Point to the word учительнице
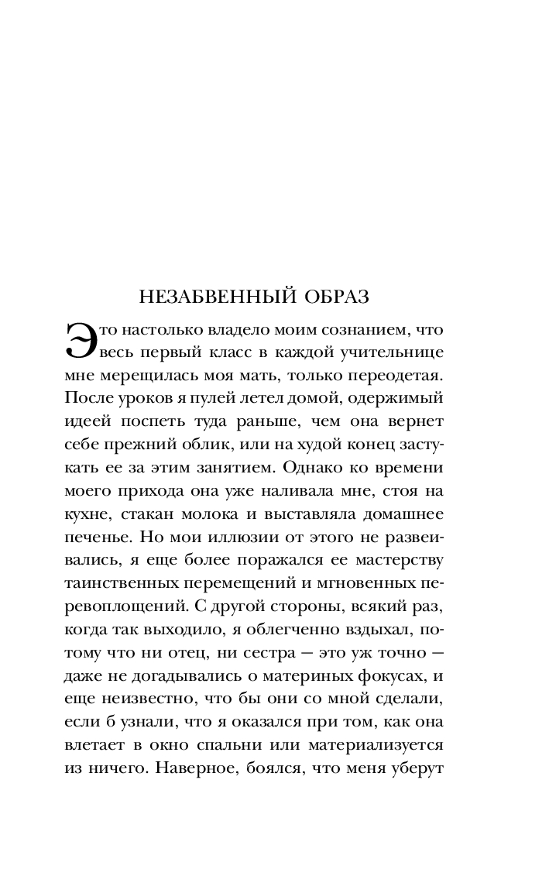coord(393,353)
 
